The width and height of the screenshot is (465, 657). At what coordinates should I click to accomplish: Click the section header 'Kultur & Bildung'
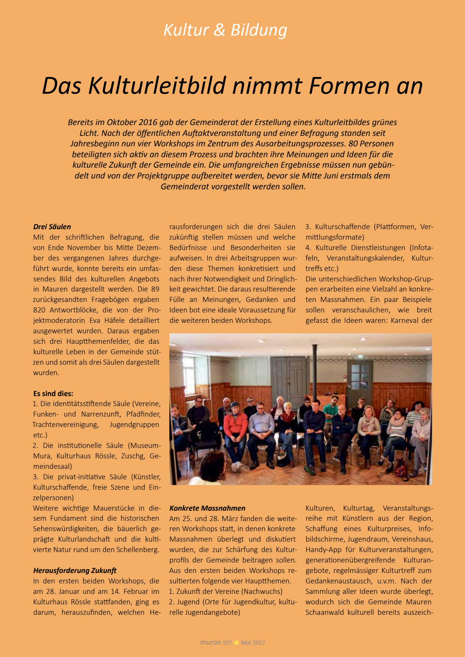[225, 30]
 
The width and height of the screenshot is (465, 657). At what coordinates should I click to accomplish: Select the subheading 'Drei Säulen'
[52, 227]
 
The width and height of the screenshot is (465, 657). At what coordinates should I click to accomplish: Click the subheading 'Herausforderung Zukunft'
[75, 571]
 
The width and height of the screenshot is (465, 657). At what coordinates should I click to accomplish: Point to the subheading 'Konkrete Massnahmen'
[207, 508]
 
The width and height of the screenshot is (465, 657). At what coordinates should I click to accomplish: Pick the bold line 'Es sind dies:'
[53, 394]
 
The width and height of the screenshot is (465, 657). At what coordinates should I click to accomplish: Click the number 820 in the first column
[39, 310]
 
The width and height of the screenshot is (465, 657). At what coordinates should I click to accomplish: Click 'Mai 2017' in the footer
[253, 643]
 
